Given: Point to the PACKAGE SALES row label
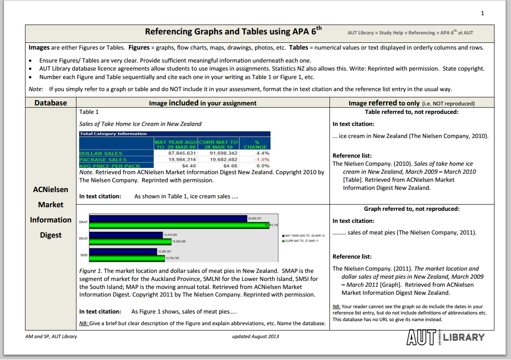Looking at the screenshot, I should click(x=103, y=159).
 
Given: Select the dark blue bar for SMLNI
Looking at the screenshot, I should click(x=126, y=235).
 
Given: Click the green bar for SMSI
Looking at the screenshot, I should click(x=127, y=258).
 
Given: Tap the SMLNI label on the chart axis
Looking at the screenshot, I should click(x=83, y=239).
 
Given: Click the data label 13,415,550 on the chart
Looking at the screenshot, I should click(x=171, y=234).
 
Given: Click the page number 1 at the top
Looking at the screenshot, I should click(x=482, y=13).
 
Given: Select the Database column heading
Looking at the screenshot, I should click(x=51, y=103).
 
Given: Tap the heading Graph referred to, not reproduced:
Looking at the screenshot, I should click(x=411, y=209).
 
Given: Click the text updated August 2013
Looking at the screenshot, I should click(x=255, y=336).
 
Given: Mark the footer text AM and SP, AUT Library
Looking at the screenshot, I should click(x=51, y=336).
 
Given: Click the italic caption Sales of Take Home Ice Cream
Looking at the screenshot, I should click(x=140, y=124).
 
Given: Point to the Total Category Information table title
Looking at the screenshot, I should click(x=113, y=134).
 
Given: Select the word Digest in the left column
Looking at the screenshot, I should click(x=51, y=235).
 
